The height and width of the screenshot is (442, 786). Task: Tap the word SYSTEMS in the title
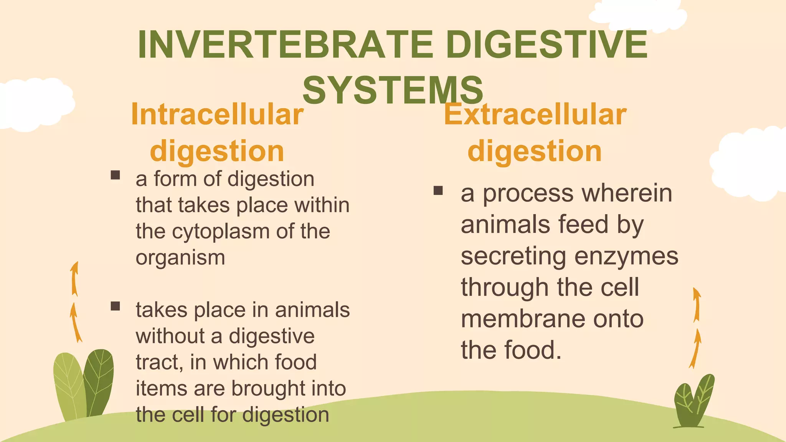pos(393,90)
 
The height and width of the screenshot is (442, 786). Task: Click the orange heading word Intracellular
pos(217,114)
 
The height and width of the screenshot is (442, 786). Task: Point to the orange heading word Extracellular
pos(535,114)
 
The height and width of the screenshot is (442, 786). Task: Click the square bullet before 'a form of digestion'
pos(115,175)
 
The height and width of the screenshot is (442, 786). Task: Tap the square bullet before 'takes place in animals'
pos(115,306)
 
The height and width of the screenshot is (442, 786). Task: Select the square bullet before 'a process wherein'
pos(438,190)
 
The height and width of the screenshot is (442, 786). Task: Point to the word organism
pos(180,258)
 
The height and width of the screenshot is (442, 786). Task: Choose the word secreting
pos(513,256)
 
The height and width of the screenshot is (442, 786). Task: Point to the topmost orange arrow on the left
pos(74,279)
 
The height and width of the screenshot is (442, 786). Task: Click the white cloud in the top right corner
pos(637,15)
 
